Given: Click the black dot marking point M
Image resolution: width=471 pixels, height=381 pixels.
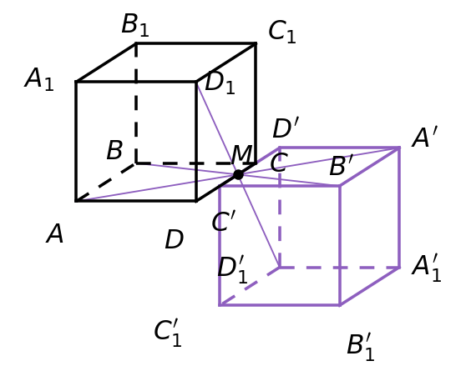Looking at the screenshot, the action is click(x=238, y=174).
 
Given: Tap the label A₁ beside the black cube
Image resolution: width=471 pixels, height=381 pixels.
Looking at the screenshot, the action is click(x=39, y=79).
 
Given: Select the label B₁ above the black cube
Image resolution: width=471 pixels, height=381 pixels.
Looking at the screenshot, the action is click(x=135, y=25).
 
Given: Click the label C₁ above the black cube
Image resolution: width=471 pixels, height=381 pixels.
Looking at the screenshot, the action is click(x=282, y=32).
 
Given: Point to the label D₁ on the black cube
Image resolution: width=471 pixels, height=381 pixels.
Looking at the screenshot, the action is click(x=220, y=83).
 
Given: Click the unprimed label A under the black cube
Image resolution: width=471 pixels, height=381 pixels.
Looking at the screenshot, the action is click(x=55, y=233).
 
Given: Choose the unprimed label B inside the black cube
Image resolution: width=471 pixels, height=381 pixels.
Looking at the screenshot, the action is click(x=114, y=150).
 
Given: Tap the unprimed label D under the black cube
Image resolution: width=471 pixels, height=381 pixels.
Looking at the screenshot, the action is click(x=175, y=239).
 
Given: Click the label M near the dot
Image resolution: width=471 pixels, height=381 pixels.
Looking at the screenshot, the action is click(x=241, y=154).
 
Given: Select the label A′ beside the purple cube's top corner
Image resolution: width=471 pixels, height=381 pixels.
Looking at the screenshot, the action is click(x=425, y=138).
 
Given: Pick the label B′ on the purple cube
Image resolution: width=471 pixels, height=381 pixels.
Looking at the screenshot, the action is click(x=341, y=165).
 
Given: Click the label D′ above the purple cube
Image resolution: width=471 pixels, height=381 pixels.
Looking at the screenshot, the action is click(x=286, y=128).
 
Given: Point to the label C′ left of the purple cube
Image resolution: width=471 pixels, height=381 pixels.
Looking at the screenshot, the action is click(x=224, y=221).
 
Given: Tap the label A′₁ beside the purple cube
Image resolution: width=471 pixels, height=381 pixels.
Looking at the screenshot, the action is click(x=427, y=268).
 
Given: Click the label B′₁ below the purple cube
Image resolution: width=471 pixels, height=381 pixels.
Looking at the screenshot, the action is click(x=361, y=347).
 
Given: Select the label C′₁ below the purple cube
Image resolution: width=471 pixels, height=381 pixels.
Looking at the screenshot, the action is click(x=168, y=333).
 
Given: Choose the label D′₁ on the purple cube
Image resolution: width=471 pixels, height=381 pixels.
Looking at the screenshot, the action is click(x=233, y=269).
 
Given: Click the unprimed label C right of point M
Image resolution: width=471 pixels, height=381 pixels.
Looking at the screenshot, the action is click(x=279, y=163).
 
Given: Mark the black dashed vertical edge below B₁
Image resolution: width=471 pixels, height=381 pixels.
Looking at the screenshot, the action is click(x=136, y=103).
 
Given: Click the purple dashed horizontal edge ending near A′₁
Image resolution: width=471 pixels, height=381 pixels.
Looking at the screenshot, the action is click(x=339, y=267).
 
